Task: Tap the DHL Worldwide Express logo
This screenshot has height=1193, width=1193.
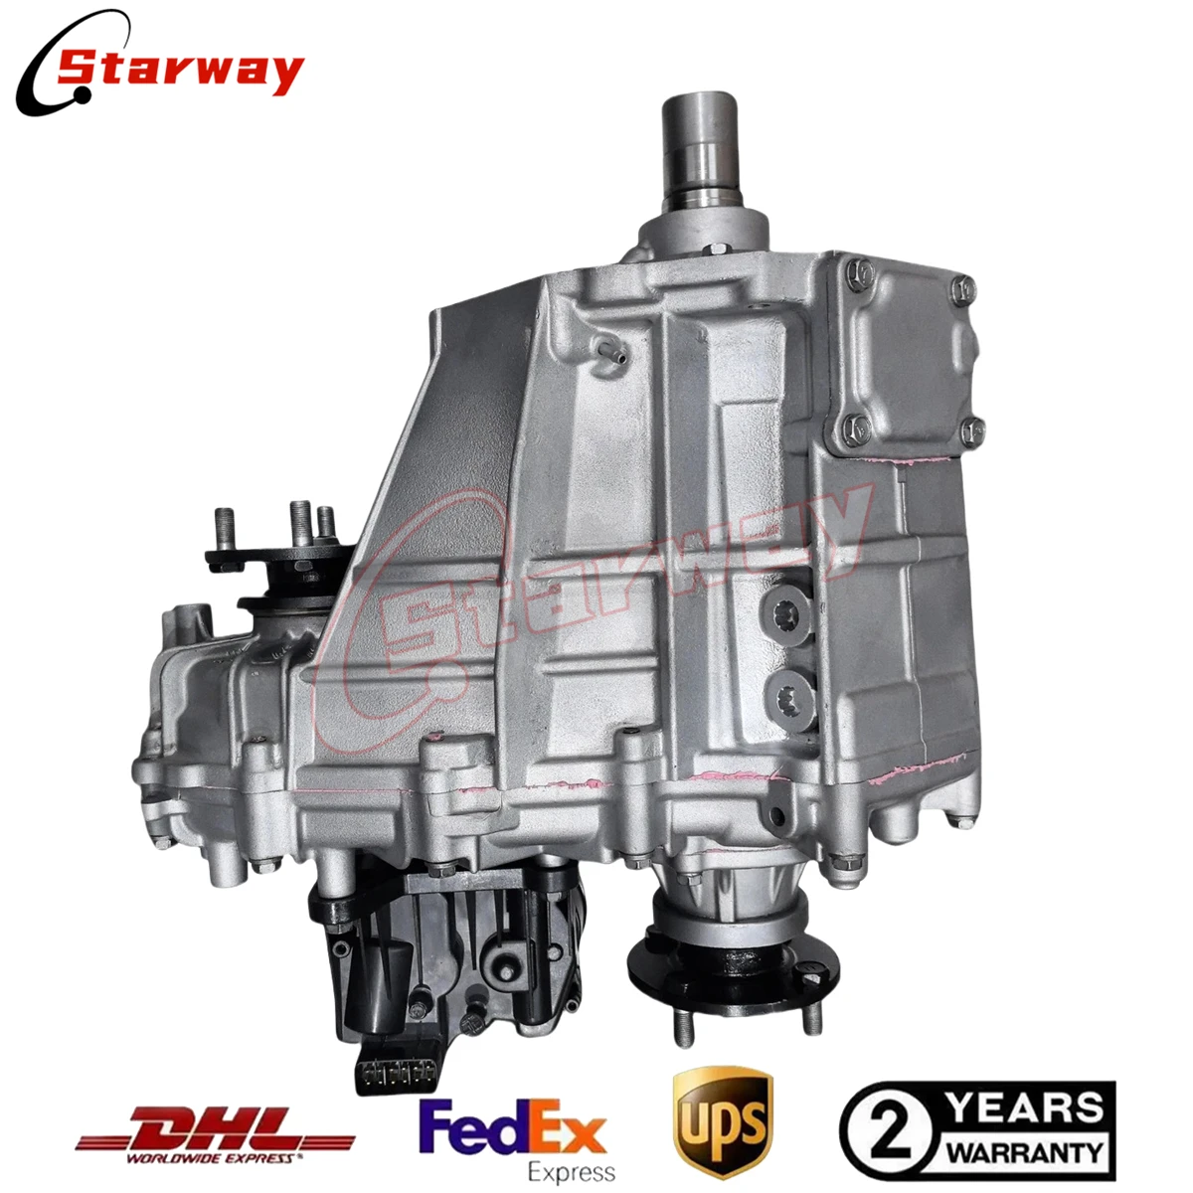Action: (x=215, y=1134)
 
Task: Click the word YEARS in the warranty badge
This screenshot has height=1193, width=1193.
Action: (x=1023, y=1108)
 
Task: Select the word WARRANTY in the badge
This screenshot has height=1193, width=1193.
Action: (x=1024, y=1154)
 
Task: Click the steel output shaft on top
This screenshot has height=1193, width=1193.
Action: (x=702, y=149)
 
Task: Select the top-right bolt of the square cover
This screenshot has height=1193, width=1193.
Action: (x=962, y=290)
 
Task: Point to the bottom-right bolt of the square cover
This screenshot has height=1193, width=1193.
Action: (x=972, y=429)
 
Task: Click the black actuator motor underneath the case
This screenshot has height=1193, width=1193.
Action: (x=447, y=954)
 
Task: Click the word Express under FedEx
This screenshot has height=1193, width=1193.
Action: (x=571, y=1172)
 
